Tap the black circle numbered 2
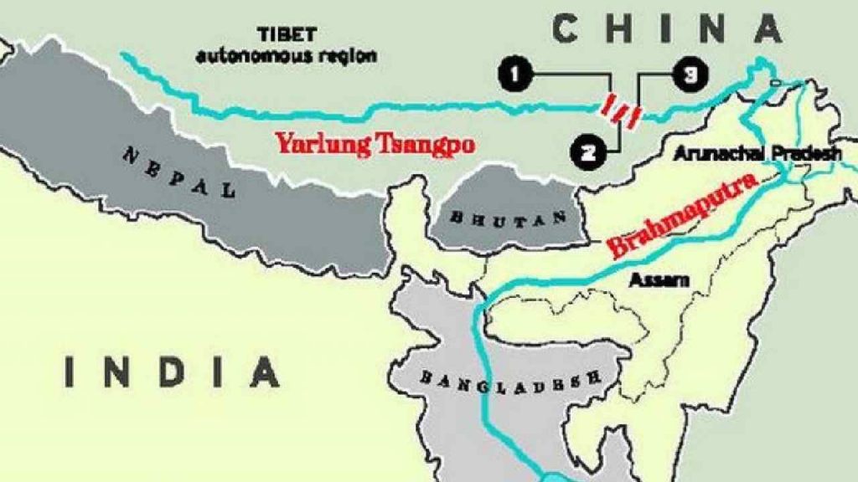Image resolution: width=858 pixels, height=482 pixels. (x=588, y=151)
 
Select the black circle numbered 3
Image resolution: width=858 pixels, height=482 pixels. (x=687, y=76)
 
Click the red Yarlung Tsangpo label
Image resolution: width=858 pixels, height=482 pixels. (x=375, y=144)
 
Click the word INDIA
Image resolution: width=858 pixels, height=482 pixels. (x=172, y=372)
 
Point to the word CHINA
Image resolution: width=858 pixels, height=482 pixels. (x=666, y=29)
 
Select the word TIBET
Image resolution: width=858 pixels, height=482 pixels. (x=285, y=36)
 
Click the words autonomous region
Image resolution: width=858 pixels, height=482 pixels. (x=287, y=56)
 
